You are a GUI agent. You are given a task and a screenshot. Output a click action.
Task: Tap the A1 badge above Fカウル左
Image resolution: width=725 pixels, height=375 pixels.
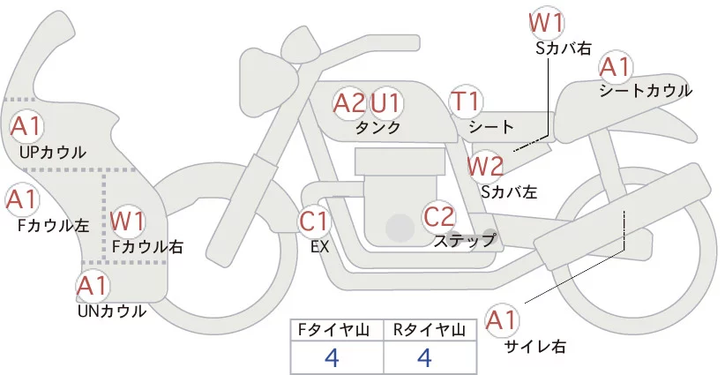(21, 200)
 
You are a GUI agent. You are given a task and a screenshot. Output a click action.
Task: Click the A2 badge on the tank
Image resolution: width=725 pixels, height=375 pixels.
(348, 103)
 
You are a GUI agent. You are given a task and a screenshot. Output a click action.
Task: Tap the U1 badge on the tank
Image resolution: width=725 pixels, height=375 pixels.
(385, 103)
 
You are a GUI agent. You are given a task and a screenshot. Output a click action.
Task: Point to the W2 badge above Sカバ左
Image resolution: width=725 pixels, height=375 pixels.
(485, 165)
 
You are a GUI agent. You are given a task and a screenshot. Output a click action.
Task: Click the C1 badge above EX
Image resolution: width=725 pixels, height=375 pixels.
(313, 221)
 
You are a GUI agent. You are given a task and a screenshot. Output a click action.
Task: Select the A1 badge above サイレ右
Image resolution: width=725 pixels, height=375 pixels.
(505, 320)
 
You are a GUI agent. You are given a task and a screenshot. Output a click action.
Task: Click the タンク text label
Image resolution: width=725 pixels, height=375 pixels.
(378, 127)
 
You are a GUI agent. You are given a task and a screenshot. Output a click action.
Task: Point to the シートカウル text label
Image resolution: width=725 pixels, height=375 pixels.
(645, 90)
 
